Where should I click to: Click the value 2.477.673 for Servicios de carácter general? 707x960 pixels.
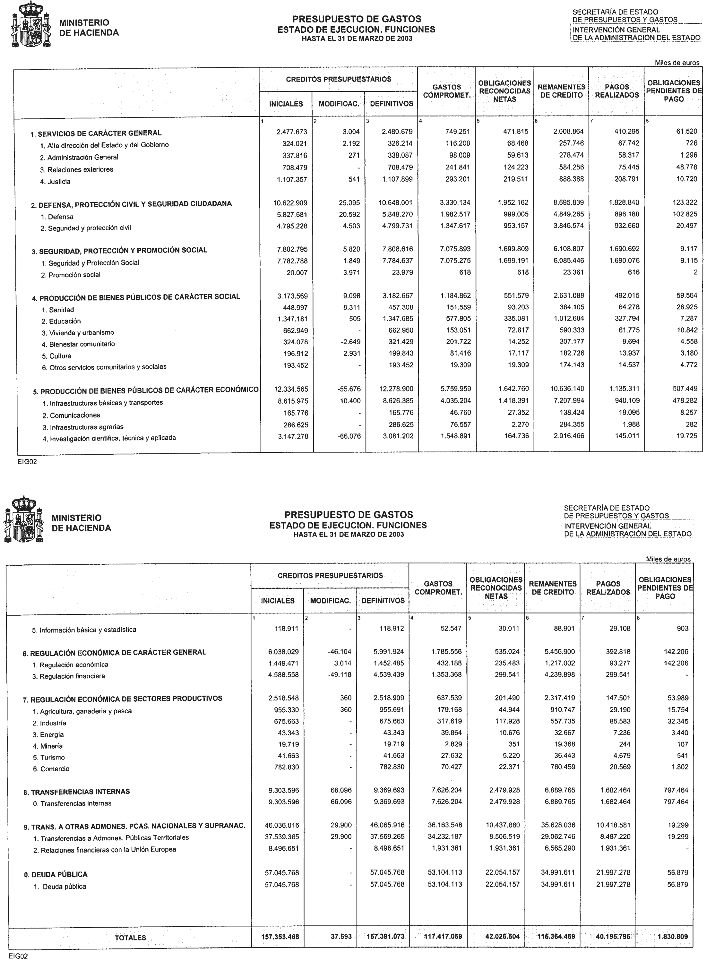pos(291,132)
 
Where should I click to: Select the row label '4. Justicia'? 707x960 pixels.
pos(55,182)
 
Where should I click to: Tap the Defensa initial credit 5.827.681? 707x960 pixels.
pos(291,214)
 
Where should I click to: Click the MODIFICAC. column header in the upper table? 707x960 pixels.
pos(339,104)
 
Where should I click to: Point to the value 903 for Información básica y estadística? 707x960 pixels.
pos(683,629)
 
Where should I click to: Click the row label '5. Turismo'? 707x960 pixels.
pos(48,757)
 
